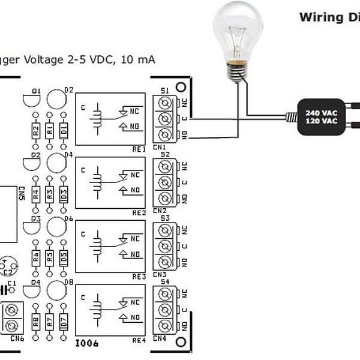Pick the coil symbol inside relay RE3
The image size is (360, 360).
coord(96,245)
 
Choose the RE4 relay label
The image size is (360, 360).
coord(138,340)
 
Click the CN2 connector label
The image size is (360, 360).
coord(159,211)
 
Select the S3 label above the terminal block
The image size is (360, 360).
coord(165,218)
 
